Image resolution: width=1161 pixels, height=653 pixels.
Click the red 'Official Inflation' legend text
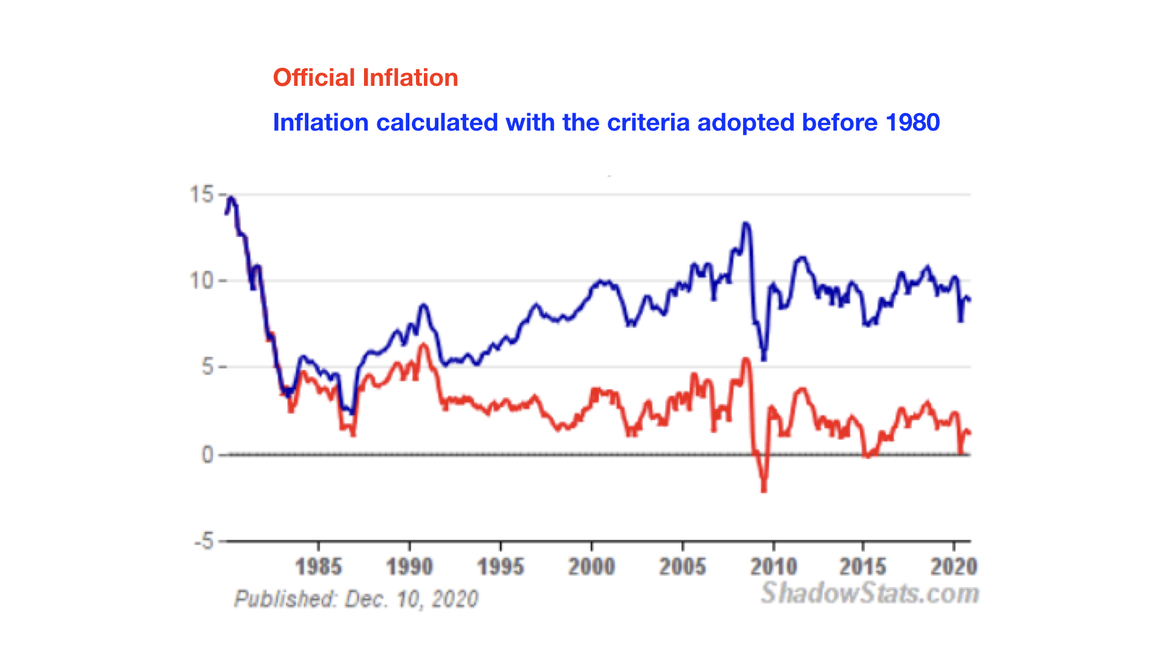365,78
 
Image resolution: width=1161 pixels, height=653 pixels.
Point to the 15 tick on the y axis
202,195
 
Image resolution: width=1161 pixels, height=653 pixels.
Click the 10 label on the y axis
201,281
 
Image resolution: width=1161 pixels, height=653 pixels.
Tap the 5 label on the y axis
207,367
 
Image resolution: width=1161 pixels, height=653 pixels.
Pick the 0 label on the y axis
207,455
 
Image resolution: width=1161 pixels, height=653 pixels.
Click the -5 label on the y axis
204,541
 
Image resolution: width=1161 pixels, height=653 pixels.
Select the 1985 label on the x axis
319,567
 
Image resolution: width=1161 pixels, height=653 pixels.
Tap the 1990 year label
409,567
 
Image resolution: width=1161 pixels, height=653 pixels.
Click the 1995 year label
500,567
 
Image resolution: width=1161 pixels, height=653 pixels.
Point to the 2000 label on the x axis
591,567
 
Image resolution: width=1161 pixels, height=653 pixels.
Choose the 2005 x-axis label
682,567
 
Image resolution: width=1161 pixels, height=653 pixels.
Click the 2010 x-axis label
773,567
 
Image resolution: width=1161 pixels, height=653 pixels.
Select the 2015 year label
863,567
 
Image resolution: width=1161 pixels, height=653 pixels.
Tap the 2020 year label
954,567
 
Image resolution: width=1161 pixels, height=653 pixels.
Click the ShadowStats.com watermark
870,593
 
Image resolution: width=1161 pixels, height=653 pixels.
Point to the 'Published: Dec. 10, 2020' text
356,599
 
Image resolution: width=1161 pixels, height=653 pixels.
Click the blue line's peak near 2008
746,224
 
